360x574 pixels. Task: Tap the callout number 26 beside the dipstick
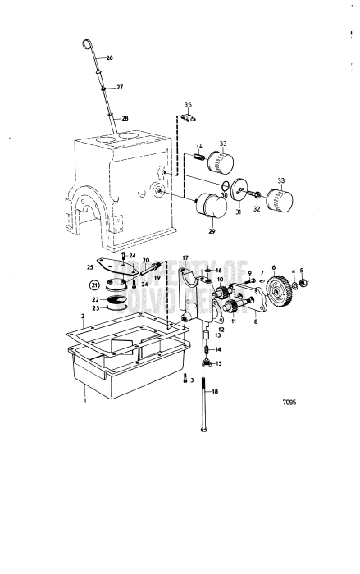click(110, 58)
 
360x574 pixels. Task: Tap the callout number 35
click(187, 106)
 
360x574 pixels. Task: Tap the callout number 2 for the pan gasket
click(83, 316)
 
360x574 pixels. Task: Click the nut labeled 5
click(303, 284)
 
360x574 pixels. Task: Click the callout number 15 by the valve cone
click(218, 363)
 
